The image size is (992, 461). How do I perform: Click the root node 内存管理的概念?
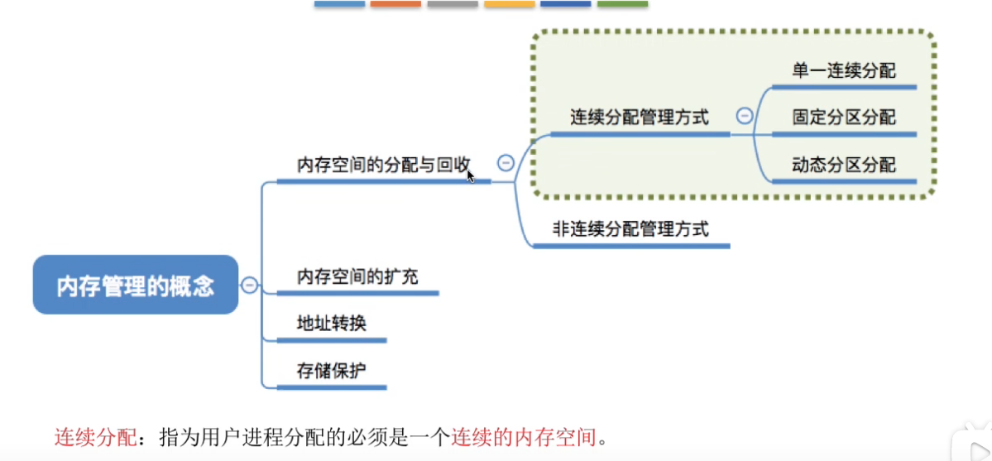click(x=136, y=285)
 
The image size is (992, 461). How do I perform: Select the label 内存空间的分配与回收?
click(x=383, y=165)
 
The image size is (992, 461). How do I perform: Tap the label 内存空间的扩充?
click(x=357, y=276)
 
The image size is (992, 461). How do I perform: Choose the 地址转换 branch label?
click(x=332, y=324)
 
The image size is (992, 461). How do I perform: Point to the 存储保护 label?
click(x=332, y=371)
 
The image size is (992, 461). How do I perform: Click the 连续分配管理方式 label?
click(x=640, y=118)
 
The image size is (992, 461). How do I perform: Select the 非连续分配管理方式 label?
click(x=630, y=228)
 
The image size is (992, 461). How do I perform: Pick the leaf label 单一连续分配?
click(x=844, y=70)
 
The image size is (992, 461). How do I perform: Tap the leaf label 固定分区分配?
click(x=844, y=118)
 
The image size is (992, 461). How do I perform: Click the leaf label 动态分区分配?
click(x=844, y=166)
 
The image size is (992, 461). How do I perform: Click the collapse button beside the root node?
click(x=250, y=285)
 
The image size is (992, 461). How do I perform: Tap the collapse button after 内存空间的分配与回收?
click(x=506, y=163)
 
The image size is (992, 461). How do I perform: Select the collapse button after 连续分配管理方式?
click(x=745, y=116)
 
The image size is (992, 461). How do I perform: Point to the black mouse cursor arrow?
click(x=470, y=175)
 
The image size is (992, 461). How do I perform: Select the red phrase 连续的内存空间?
click(x=524, y=437)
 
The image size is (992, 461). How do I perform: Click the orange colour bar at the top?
click(x=396, y=4)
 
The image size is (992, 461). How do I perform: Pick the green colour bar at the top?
click(x=622, y=4)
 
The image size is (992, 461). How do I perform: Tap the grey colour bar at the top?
click(x=453, y=4)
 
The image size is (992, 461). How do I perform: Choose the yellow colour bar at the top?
click(x=510, y=4)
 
